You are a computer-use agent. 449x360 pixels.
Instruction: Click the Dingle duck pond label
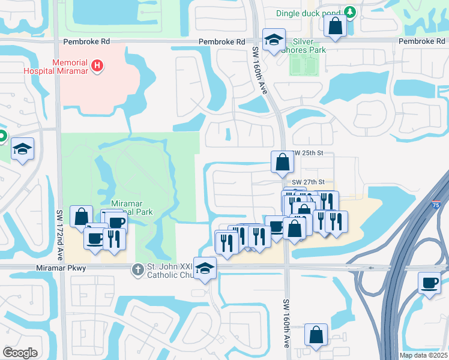tap(309, 13)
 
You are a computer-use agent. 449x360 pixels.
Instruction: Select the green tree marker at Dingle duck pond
tap(349, 12)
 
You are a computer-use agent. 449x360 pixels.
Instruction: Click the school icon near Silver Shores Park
tap(274, 41)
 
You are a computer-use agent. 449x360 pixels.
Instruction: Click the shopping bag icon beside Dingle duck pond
tap(334, 26)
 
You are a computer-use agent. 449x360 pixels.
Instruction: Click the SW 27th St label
tap(308, 182)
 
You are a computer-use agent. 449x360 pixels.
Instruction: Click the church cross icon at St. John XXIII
tap(138, 271)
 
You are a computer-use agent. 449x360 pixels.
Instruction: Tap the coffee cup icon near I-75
tap(429, 283)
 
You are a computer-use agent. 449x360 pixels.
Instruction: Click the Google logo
tap(20, 353)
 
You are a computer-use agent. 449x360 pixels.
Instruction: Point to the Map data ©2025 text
tap(423, 355)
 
